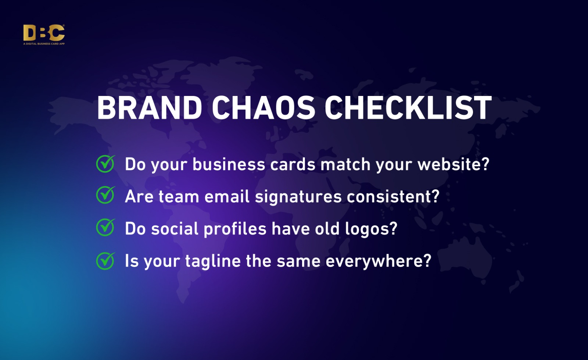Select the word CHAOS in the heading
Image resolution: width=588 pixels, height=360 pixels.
point(263,108)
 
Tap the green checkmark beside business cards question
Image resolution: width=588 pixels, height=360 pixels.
point(105,164)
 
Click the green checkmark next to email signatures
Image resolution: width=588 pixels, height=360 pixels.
point(105,195)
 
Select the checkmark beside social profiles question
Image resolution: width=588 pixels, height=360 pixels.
point(105,227)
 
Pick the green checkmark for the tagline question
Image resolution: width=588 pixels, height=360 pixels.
point(105,261)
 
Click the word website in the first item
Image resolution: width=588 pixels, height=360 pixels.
point(453,164)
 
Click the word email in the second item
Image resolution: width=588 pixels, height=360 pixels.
point(227,196)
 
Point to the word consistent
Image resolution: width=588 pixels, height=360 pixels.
point(393,196)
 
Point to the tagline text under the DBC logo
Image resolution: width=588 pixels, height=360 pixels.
point(44,44)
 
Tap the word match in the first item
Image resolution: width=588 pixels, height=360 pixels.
point(345,164)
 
